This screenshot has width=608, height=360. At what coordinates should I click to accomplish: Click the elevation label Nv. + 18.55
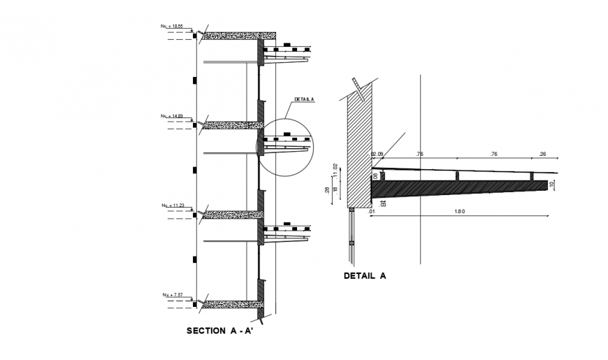point(172,27)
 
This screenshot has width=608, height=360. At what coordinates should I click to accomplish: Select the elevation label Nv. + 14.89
point(172,116)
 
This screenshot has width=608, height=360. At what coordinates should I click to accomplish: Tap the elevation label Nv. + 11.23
point(172,206)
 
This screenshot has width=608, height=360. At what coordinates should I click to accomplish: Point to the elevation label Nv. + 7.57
point(172,295)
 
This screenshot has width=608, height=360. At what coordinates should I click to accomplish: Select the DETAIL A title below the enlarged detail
point(365,275)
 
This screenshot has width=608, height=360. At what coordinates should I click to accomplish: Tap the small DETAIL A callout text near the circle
point(305,100)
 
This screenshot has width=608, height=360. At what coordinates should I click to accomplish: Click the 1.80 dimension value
point(459,210)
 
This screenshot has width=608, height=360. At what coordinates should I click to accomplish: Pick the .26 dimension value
point(542,154)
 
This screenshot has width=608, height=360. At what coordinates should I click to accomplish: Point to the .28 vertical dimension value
point(327,190)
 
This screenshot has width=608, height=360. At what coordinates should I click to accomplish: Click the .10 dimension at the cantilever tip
point(552,185)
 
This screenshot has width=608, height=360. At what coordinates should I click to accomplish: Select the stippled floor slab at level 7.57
point(230,304)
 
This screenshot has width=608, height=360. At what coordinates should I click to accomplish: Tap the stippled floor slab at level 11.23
point(230,215)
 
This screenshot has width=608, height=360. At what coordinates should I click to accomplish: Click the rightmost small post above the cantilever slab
point(531,175)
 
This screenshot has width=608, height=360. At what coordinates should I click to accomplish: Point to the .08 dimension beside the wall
point(375,176)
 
